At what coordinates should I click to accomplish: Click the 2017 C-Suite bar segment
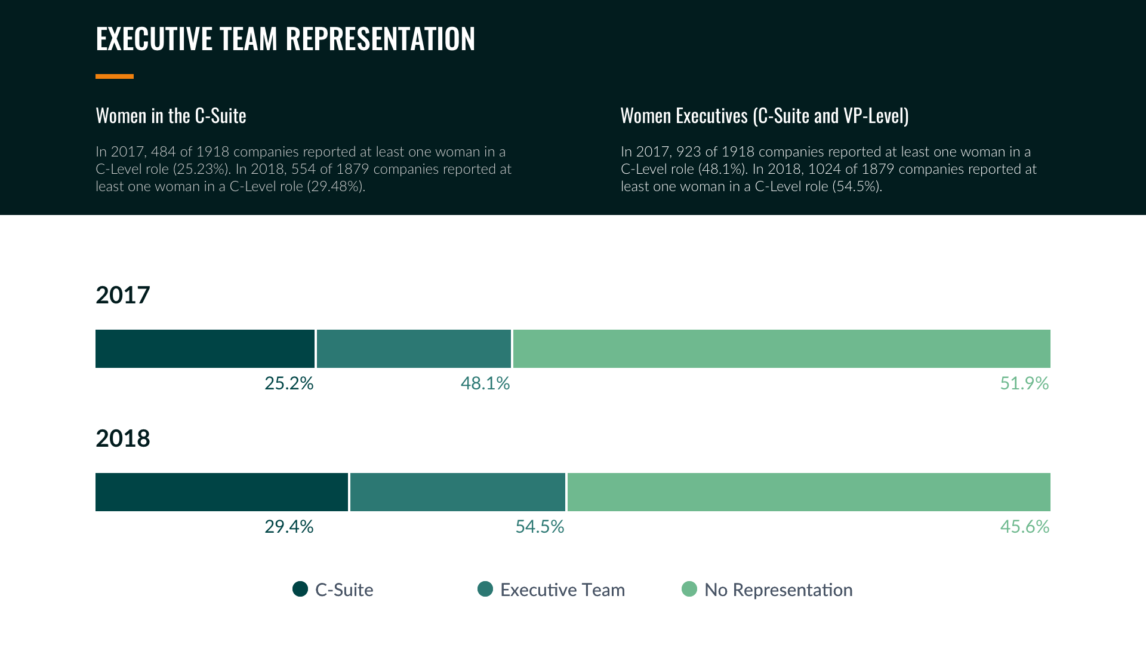click(205, 349)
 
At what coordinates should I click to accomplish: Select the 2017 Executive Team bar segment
click(414, 349)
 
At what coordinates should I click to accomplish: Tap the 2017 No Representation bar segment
click(781, 349)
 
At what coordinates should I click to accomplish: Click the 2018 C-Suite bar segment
click(221, 492)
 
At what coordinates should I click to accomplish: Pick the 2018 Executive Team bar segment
click(457, 492)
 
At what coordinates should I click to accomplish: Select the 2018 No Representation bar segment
click(809, 492)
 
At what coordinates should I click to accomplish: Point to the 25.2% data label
click(289, 383)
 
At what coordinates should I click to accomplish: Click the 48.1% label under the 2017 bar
click(485, 383)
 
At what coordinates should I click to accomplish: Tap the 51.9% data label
click(1024, 383)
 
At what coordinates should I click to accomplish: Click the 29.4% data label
click(289, 527)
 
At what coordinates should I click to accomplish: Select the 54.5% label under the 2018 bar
click(540, 527)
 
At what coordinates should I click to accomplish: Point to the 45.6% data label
click(1024, 527)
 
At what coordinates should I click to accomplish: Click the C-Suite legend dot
click(300, 589)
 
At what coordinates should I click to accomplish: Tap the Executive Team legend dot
click(485, 589)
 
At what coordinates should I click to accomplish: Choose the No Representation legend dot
click(689, 589)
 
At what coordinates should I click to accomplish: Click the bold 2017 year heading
click(123, 295)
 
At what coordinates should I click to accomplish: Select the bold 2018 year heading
click(123, 438)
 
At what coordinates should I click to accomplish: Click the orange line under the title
click(115, 76)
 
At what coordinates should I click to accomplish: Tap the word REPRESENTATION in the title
click(380, 39)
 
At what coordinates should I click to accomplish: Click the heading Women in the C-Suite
click(171, 115)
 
